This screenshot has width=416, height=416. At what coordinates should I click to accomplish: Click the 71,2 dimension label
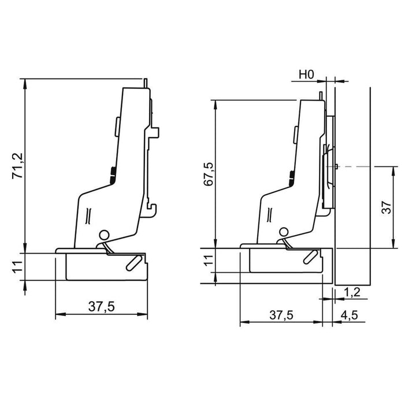pyautogui.click(x=18, y=166)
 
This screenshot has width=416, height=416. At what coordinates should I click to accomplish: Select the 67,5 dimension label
pyautogui.click(x=208, y=174)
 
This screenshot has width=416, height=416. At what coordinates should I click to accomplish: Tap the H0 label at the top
pyautogui.click(x=306, y=75)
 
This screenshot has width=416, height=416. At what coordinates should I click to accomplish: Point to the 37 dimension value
pyautogui.click(x=387, y=207)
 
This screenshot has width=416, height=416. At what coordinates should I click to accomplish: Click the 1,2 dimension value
pyautogui.click(x=352, y=292)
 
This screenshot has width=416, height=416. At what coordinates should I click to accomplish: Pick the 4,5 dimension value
pyautogui.click(x=350, y=315)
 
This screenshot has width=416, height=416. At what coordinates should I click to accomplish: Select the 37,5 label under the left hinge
pyautogui.click(x=102, y=306)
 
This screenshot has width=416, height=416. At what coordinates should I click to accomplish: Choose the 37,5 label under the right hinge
pyautogui.click(x=281, y=315)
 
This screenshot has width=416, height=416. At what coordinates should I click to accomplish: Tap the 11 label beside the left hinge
pyautogui.click(x=18, y=266)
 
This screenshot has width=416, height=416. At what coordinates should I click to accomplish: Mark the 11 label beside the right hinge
pyautogui.click(x=209, y=260)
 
